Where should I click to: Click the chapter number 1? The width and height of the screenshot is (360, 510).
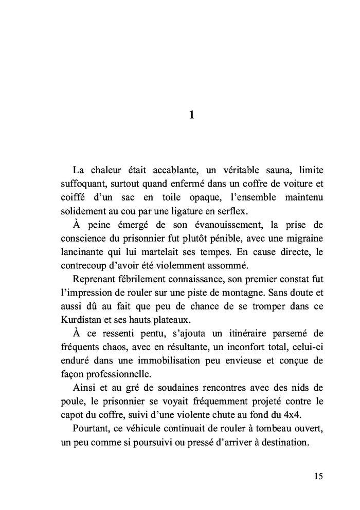[x=191, y=115]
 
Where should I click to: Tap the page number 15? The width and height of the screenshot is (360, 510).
[x=318, y=476]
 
